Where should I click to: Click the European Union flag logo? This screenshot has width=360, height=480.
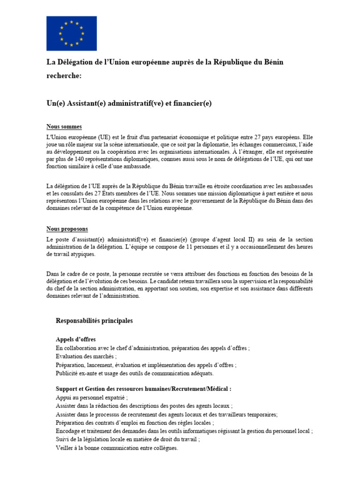coord(71,33)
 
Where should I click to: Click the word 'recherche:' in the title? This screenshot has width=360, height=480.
coord(64,76)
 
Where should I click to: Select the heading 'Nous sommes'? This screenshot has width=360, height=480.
coord(64,127)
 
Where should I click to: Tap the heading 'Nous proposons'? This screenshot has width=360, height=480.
coord(67,229)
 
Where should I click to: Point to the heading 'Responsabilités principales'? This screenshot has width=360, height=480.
coord(94,321)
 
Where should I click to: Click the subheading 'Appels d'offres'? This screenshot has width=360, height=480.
coord(75,339)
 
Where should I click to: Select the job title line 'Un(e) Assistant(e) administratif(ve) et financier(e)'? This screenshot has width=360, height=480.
coord(129,103)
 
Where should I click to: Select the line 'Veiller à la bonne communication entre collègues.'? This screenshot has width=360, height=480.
coord(117,448)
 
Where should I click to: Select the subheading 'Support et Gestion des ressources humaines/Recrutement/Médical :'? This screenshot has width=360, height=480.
coord(143,389)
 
